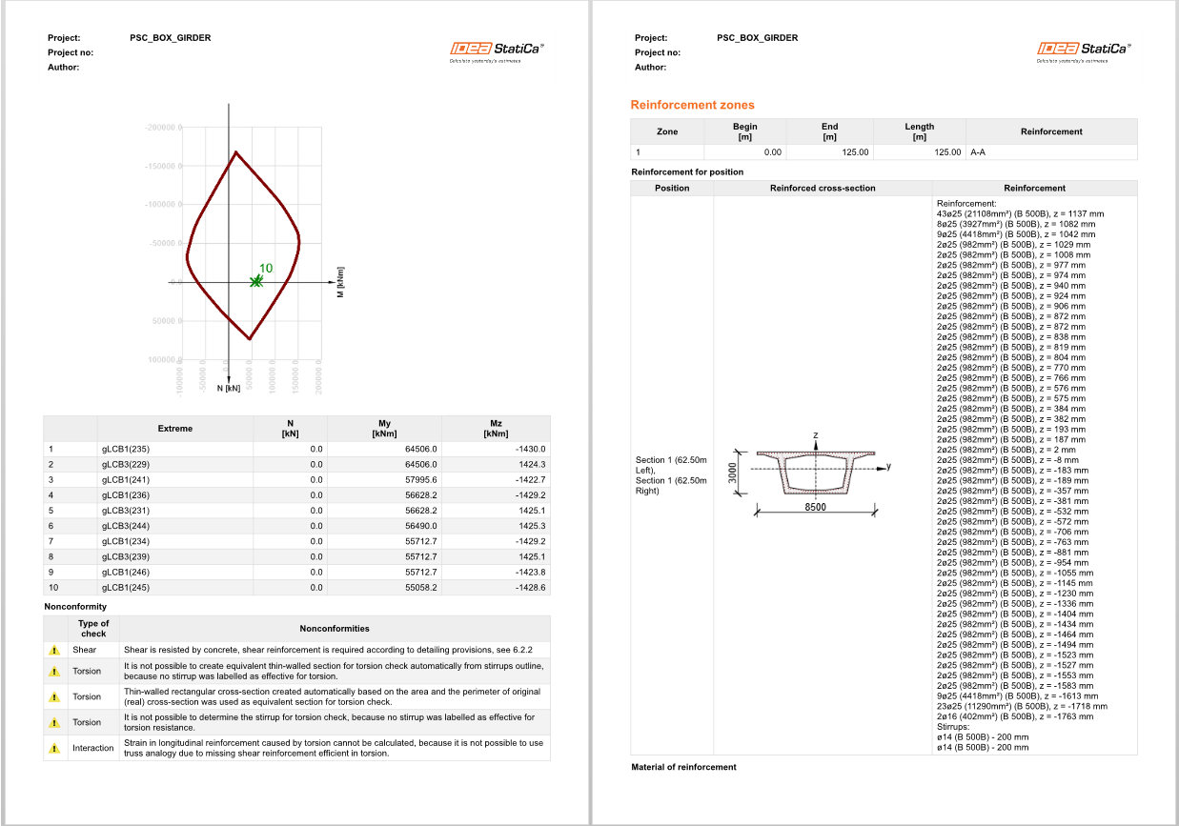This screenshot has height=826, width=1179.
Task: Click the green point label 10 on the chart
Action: (x=266, y=269)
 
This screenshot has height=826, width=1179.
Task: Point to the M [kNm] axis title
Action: (x=339, y=281)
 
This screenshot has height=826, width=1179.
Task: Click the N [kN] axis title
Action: (x=228, y=389)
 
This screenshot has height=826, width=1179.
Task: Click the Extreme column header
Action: (x=174, y=428)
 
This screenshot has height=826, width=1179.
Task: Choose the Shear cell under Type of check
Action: (x=85, y=650)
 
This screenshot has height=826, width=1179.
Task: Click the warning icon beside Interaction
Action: (x=54, y=748)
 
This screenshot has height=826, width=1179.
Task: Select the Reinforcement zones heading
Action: (x=692, y=105)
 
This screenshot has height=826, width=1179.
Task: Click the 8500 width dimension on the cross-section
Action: (x=814, y=508)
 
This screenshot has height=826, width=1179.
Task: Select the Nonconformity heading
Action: (x=75, y=606)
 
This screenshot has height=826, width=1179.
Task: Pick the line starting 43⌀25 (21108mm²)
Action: (x=1020, y=213)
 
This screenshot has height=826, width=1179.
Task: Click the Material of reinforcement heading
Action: (x=683, y=767)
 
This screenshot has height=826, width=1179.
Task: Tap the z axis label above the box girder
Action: (x=816, y=435)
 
